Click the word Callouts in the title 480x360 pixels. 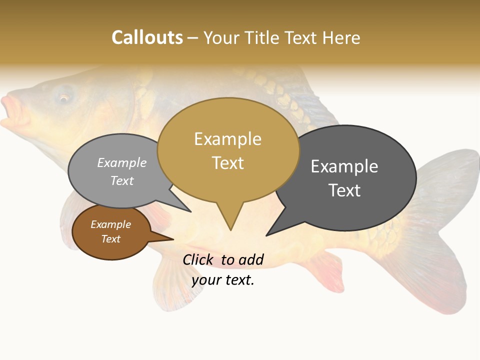click(147, 37)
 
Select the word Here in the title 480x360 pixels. click(341, 37)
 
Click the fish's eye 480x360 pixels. click(64, 97)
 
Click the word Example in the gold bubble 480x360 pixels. click(227, 139)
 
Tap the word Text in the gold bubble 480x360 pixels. click(227, 163)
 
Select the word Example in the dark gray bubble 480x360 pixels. click(344, 166)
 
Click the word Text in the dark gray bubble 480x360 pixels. click(344, 190)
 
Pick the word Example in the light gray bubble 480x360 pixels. click(122, 162)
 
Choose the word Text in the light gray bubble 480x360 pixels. click(122, 180)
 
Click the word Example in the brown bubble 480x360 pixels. click(110, 224)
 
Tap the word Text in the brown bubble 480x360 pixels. click(110, 239)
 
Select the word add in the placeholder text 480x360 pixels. click(251, 259)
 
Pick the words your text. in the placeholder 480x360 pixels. click(223, 280)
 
